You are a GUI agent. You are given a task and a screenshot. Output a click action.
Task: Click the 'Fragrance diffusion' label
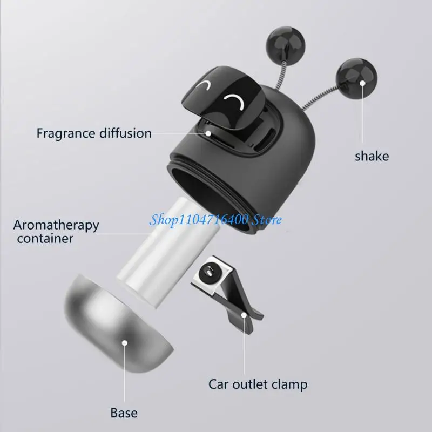tap(94, 133)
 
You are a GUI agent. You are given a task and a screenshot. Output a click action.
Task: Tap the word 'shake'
tap(372, 156)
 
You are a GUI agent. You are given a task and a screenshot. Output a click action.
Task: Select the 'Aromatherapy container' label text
tap(56, 231)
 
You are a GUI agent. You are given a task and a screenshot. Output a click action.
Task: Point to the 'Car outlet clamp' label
tap(258, 384)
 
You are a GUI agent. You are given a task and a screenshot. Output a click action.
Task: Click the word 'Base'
tap(124, 413)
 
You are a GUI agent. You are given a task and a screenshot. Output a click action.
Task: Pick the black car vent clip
tap(227, 292)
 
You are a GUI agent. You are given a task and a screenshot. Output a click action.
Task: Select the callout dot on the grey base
tap(125, 342)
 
